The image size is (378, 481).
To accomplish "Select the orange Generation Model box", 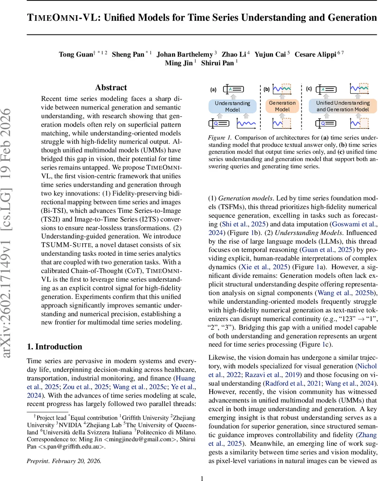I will (282, 106).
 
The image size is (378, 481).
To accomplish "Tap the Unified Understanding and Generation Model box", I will (343, 106).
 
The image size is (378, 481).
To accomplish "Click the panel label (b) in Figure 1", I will (267, 89).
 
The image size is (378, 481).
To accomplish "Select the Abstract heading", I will (111, 87).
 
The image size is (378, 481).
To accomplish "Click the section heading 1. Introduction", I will (54, 347).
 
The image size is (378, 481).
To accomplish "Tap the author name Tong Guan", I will (76, 54).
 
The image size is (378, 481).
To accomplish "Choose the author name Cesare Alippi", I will (315, 54).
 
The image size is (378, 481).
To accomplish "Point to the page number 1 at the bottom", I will (202, 475).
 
